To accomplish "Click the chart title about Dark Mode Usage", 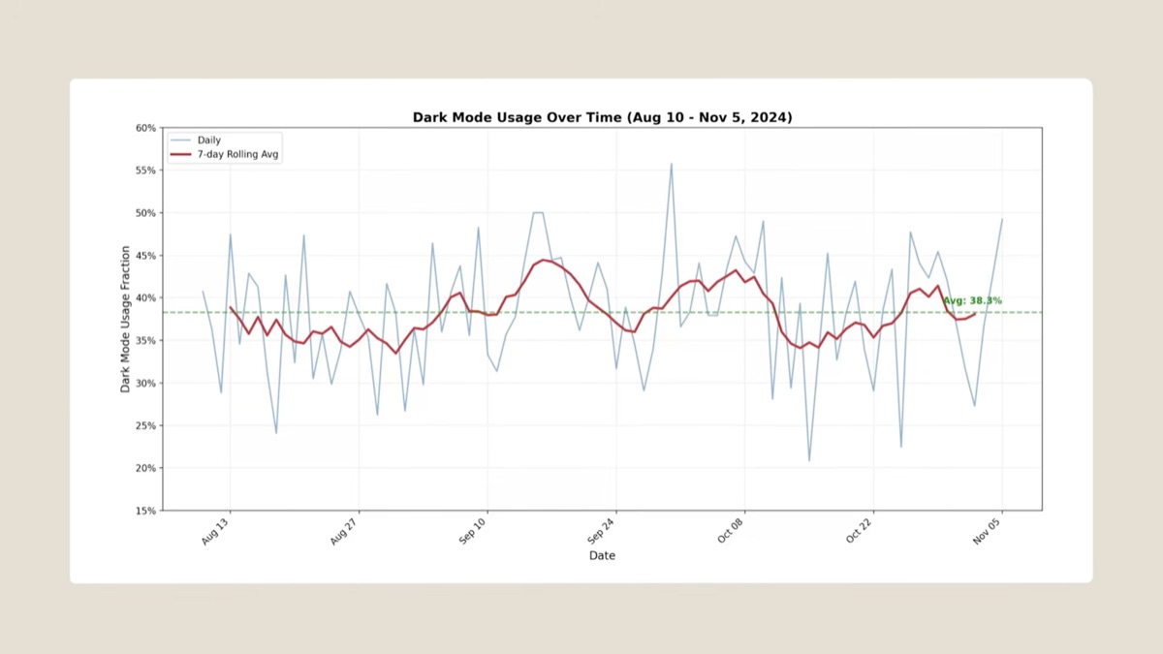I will click(x=602, y=117).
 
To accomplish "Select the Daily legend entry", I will click(x=208, y=140).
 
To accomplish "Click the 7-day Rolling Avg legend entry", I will click(x=238, y=155).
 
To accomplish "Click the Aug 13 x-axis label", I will click(x=217, y=532).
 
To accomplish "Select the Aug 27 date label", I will click(x=346, y=532).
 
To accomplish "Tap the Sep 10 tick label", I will click(x=474, y=532).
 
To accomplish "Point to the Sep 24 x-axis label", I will click(x=603, y=532).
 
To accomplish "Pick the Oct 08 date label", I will click(x=732, y=532).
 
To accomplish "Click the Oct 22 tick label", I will click(x=861, y=532).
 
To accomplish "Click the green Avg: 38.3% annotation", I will click(x=972, y=301).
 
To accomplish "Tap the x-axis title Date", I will click(x=602, y=556).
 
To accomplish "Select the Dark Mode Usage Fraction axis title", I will click(x=126, y=319).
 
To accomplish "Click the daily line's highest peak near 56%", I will click(x=671, y=164).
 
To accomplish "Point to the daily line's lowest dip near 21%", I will click(x=809, y=460).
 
